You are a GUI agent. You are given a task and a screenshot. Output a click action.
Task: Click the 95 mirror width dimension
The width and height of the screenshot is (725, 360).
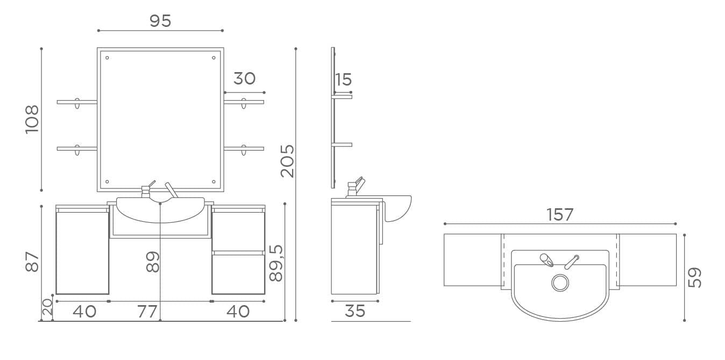click(160, 21)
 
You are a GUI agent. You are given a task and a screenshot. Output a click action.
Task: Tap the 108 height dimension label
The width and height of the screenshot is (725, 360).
click(32, 119)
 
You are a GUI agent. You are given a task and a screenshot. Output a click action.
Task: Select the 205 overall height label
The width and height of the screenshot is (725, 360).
click(287, 161)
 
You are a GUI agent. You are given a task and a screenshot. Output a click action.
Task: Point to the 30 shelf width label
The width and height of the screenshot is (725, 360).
click(244, 79)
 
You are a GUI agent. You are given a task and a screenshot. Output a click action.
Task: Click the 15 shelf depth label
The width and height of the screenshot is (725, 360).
click(343, 80)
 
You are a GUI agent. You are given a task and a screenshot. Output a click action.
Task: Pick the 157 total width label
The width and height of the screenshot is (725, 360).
click(559, 215)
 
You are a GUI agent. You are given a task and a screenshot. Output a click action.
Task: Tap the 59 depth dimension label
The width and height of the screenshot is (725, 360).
click(694, 278)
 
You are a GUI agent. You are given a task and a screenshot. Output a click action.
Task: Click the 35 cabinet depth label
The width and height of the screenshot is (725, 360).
click(355, 311)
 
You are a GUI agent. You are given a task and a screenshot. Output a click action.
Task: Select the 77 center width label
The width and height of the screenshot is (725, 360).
click(147, 312)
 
